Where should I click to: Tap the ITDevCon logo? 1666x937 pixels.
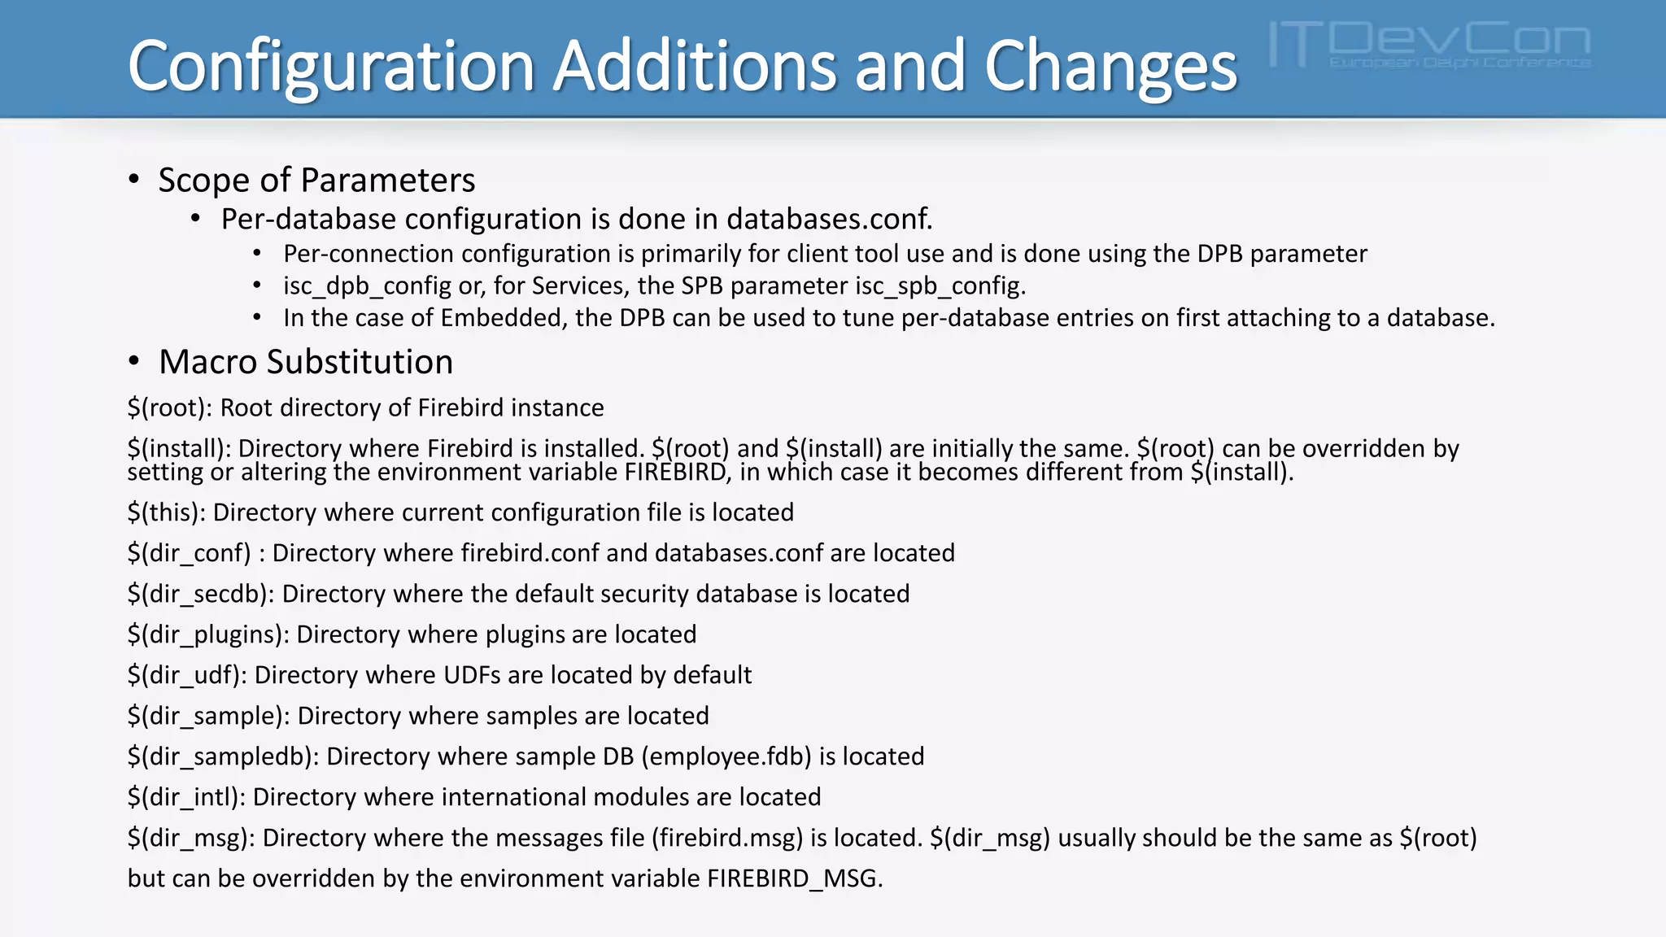[x=1429, y=45]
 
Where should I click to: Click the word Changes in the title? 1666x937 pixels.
[x=1110, y=67]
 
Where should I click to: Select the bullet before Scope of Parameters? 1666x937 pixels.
[x=134, y=180]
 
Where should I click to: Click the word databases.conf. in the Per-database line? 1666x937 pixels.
[x=829, y=219]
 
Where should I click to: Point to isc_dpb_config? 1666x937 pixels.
[x=367, y=286]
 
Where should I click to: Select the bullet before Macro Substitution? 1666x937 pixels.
[x=134, y=362]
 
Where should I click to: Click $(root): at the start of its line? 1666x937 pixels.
[x=170, y=407]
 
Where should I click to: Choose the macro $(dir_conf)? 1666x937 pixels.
[x=189, y=553]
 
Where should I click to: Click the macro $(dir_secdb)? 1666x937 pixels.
[x=200, y=594]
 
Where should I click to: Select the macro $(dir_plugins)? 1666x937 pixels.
[x=208, y=634]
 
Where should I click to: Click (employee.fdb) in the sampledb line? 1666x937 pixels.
[x=726, y=756]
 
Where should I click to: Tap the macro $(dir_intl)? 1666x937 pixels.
[x=186, y=797]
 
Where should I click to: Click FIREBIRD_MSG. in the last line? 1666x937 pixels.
[x=795, y=878]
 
